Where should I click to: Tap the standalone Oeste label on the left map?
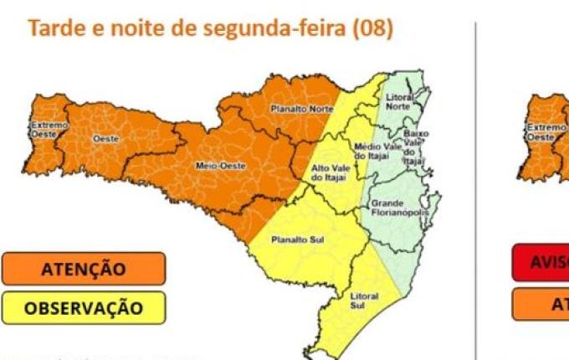point(105,137)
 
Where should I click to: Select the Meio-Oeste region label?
point(221,166)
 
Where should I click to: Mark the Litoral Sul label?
point(364,301)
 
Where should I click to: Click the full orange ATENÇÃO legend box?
point(84,269)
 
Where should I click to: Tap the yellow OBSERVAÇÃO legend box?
point(84,308)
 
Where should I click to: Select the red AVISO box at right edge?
point(540,262)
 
